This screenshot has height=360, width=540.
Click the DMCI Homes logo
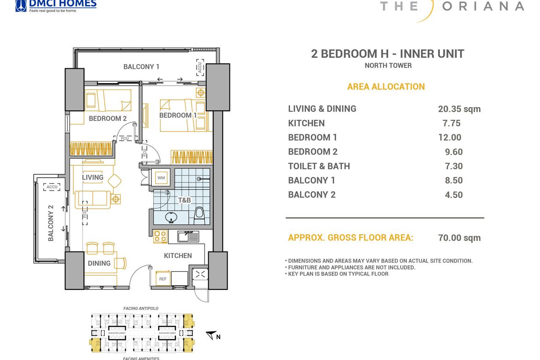pos(55,5)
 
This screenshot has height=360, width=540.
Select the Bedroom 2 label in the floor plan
pos(108,119)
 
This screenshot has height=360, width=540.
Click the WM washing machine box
pos(161,178)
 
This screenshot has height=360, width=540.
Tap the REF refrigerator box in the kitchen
pos(163,279)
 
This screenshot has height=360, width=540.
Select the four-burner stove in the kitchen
pos(160,236)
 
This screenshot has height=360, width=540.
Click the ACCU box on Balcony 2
pos(51,187)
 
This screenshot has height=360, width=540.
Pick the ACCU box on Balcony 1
pos(200,67)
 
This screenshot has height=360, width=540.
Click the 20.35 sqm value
pos(459,109)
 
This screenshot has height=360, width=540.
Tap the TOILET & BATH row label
pos(319,166)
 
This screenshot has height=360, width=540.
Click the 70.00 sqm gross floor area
pos(459,238)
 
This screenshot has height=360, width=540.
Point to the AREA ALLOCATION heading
pos(386,87)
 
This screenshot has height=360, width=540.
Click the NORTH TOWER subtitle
pos(388,66)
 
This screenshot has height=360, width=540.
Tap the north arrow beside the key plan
pos(212,336)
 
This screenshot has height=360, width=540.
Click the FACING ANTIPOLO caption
pos(141,308)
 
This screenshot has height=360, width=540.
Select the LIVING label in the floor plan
pos(93,178)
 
